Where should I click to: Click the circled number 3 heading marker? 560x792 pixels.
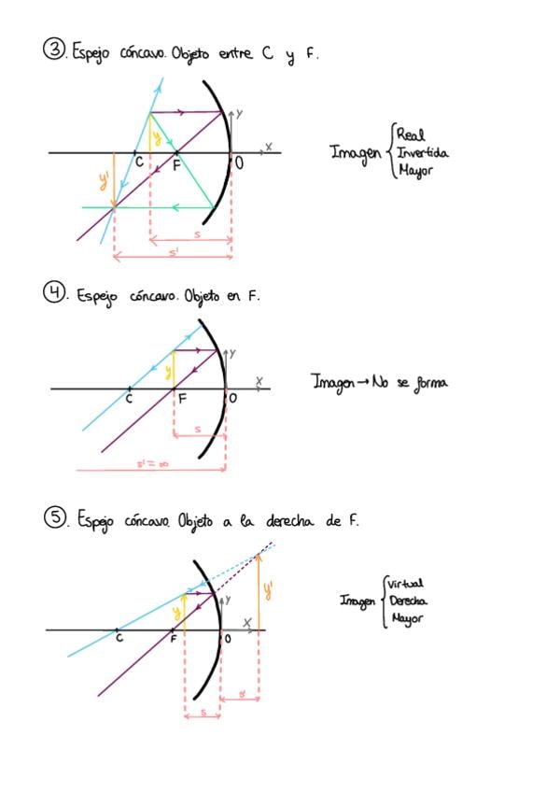click(x=53, y=49)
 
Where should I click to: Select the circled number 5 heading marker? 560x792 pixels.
click(x=54, y=517)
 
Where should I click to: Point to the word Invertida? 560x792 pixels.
click(x=423, y=153)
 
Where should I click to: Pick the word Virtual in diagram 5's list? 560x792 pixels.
click(x=405, y=584)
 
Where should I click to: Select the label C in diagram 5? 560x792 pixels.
click(x=119, y=639)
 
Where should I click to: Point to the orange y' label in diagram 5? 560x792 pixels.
click(x=269, y=588)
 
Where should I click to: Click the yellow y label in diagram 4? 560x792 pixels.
click(x=167, y=371)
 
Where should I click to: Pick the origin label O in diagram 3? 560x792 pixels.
click(x=240, y=163)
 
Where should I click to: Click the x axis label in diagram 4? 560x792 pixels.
click(x=260, y=380)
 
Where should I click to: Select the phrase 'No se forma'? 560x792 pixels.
click(x=410, y=382)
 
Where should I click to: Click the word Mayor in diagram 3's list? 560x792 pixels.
click(x=413, y=171)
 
